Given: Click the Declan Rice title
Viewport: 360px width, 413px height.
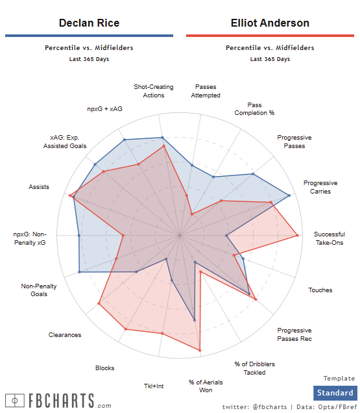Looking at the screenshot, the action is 89,23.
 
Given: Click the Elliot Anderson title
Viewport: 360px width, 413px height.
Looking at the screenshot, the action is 270,23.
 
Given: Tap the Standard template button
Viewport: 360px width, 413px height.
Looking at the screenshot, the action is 335,393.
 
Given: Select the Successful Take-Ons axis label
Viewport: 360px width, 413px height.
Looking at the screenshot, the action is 330,238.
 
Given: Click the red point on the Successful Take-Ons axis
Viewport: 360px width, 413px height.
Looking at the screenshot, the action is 297,235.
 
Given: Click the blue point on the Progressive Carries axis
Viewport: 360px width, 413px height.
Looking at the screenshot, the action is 289,195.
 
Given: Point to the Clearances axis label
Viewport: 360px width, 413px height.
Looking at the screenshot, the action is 65,335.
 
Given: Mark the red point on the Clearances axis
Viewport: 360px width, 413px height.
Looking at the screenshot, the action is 99,303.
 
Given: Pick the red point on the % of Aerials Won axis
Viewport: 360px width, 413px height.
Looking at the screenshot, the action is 200,350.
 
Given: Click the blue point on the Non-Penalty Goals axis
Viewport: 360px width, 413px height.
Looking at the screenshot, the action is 79,272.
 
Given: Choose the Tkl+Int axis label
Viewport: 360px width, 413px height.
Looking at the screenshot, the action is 154,386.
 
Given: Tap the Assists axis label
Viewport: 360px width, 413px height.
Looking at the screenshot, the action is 39,187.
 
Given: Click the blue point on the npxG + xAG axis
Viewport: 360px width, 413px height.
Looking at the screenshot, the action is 125,140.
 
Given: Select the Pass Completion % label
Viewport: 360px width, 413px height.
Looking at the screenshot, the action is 254,109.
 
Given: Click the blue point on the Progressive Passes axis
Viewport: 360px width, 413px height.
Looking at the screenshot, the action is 253,174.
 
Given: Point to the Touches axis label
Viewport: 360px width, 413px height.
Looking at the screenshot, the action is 320,290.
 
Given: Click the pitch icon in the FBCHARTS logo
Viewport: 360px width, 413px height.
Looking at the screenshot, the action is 15,401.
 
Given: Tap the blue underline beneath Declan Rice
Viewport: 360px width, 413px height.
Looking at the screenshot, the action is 89,36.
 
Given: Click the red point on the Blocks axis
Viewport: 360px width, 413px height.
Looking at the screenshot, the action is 126,329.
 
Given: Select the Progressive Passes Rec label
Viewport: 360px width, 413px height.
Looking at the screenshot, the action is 294,334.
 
